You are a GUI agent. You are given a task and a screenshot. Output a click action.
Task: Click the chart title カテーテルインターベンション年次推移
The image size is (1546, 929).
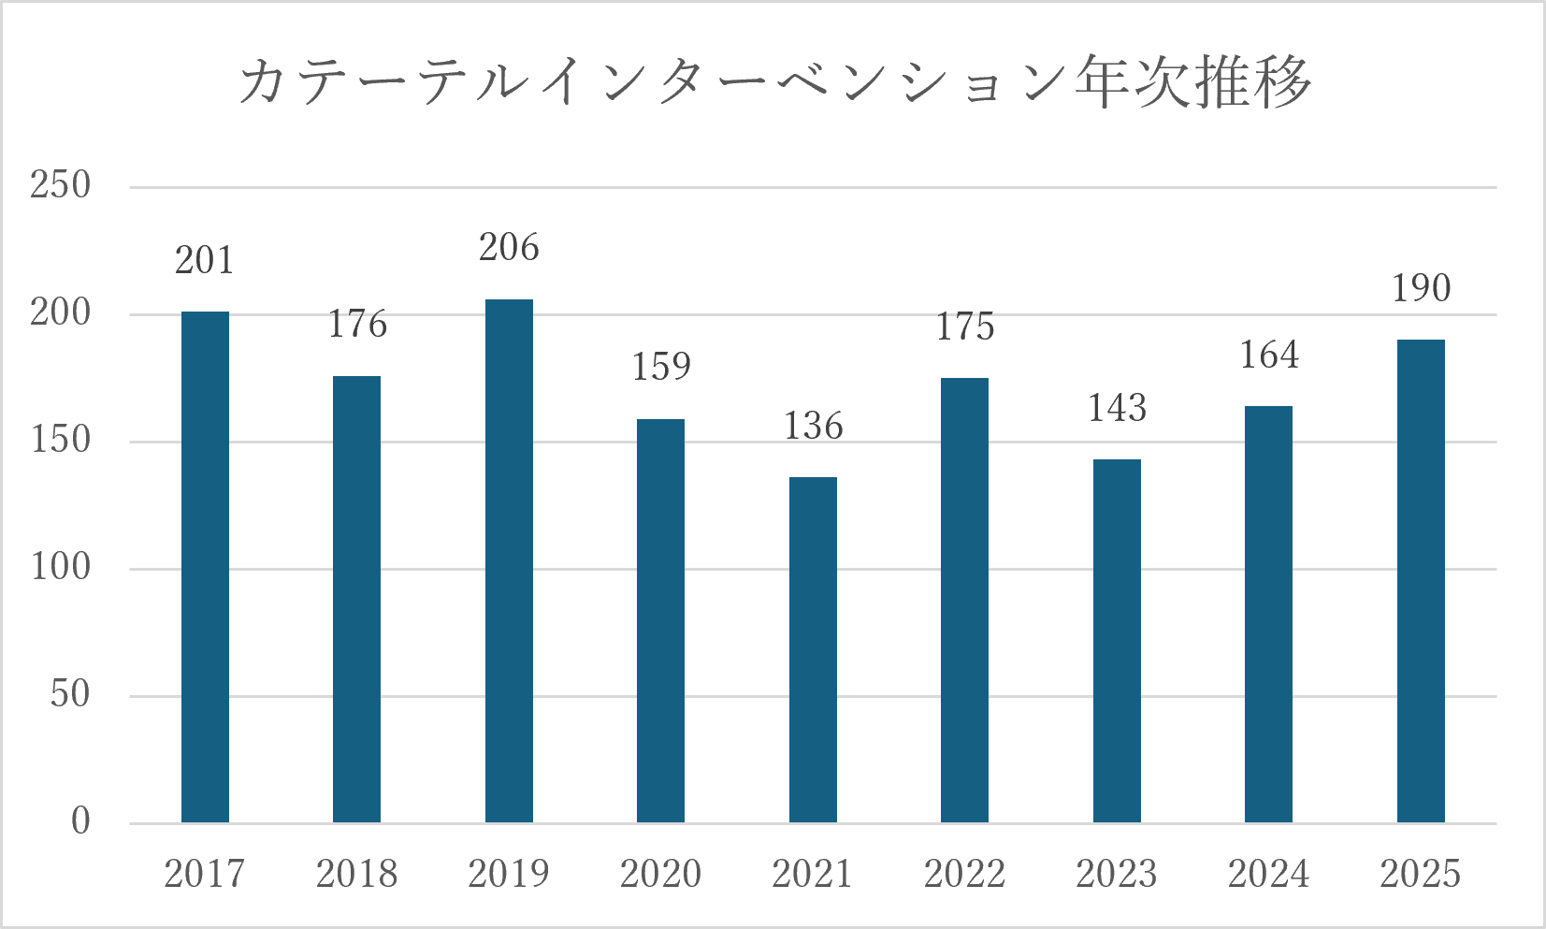tap(773, 82)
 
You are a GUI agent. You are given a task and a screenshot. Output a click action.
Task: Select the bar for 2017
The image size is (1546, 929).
tap(205, 567)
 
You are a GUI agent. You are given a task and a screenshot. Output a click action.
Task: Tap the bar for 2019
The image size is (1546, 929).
tap(510, 561)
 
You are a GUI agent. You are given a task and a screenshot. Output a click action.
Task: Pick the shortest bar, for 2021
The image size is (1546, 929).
tap(813, 650)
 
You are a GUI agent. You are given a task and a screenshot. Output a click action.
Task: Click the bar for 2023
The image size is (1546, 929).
tap(1117, 641)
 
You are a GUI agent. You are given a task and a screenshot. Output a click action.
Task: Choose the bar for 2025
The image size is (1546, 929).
tap(1421, 581)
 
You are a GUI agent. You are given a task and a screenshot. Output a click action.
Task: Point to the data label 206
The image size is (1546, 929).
tap(510, 247)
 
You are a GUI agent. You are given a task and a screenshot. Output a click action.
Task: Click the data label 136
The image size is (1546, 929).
tap(813, 425)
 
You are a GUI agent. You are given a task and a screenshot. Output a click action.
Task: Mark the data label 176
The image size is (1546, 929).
tap(357, 324)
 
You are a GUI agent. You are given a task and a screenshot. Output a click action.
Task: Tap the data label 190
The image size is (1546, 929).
tap(1421, 288)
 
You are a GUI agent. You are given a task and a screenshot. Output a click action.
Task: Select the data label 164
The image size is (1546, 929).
tap(1269, 355)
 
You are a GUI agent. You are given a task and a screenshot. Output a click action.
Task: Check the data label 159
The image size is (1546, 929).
tap(661, 366)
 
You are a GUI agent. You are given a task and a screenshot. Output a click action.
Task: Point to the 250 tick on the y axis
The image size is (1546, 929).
tap(60, 185)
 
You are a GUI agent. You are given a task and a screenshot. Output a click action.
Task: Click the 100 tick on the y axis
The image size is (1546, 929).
tap(61, 567)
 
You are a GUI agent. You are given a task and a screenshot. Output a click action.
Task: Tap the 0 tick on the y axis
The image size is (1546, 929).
tap(80, 821)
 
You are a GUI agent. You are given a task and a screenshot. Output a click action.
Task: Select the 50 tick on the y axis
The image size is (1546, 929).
tap(70, 694)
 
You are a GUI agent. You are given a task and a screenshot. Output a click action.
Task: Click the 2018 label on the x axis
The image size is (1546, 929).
tap(357, 874)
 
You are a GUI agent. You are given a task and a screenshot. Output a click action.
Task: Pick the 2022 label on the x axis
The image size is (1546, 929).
tap(965, 874)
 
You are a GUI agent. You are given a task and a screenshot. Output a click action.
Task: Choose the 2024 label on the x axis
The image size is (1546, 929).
tap(1268, 874)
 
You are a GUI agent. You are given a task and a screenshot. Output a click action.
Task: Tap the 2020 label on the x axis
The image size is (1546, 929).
tap(660, 874)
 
